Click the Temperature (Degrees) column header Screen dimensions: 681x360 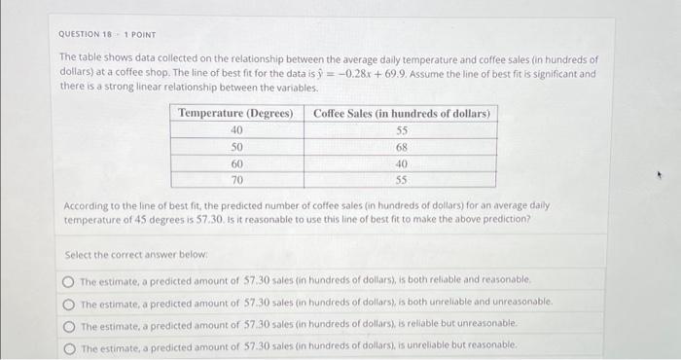(x=235, y=114)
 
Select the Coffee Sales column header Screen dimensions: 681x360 (x=401, y=114)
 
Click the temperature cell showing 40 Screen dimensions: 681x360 (x=235, y=130)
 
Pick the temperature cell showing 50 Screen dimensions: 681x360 (x=235, y=147)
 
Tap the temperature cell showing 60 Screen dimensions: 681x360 (x=235, y=163)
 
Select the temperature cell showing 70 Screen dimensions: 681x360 (x=235, y=180)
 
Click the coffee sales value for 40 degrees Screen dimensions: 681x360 (x=401, y=130)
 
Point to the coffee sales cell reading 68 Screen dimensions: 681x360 (x=401, y=147)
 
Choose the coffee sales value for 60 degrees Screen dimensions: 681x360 (x=401, y=163)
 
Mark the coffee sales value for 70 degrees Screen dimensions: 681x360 (x=401, y=180)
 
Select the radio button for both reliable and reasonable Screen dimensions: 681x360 (x=68, y=280)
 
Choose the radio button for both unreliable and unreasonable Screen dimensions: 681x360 (x=68, y=303)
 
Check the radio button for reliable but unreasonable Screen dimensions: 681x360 (x=68, y=325)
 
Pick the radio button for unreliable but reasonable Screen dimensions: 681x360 (x=68, y=347)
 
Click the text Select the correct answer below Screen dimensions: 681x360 (x=123, y=254)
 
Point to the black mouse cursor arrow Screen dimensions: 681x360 (x=660, y=177)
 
